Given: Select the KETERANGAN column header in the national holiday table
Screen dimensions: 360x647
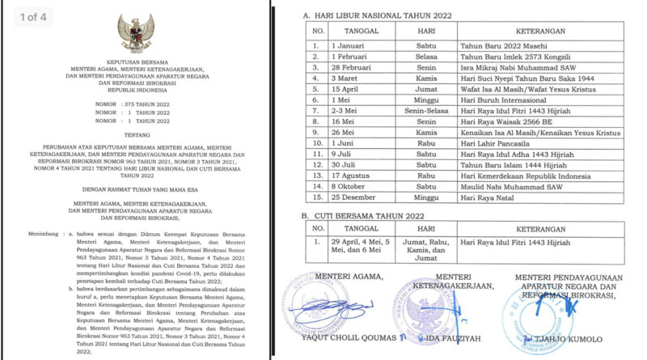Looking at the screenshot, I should click(535, 33).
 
